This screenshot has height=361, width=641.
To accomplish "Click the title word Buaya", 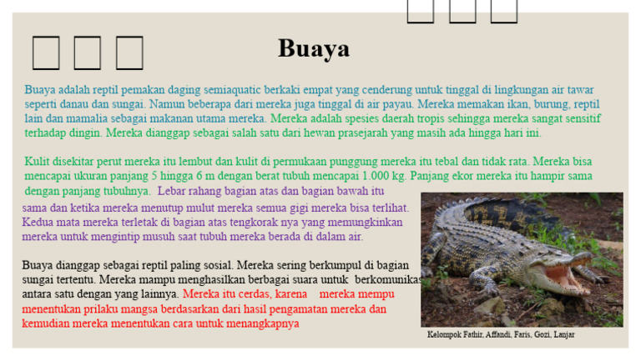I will (x=313, y=49).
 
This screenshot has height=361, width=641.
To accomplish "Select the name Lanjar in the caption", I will (x=564, y=335).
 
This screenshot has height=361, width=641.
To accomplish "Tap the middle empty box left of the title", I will (x=87, y=53).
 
